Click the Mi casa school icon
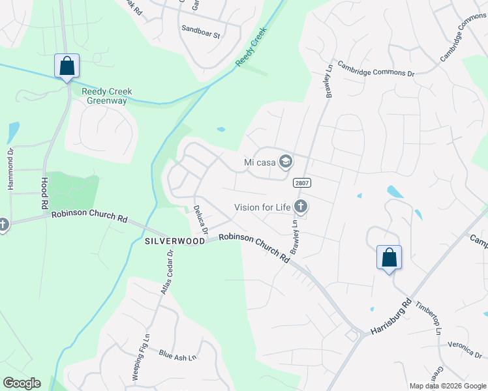(285, 161)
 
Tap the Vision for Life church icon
(301, 207)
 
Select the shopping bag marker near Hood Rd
(67, 66)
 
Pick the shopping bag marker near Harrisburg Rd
(389, 257)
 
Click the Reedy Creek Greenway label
(107, 96)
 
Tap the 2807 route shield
(301, 182)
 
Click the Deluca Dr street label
(200, 220)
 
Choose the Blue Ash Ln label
(177, 355)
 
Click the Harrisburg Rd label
(391, 317)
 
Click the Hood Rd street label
(44, 192)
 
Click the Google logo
(22, 383)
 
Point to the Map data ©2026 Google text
(448, 386)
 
